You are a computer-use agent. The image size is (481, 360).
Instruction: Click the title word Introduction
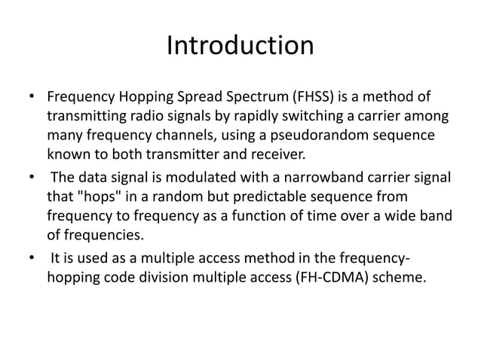tap(240, 47)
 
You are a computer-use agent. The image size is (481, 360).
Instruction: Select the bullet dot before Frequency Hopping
tap(30, 99)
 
